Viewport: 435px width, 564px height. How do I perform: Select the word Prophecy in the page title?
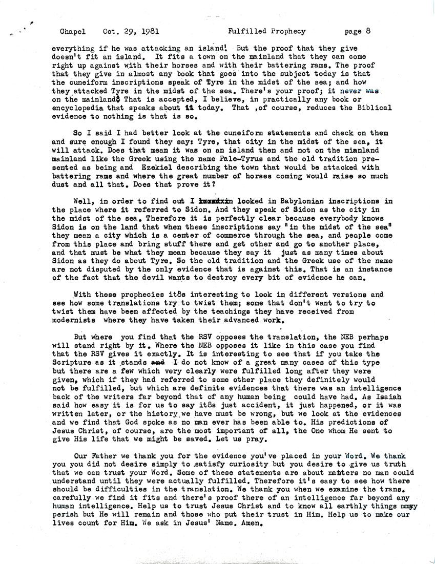point(286,31)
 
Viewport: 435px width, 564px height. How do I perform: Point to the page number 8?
point(368,31)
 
